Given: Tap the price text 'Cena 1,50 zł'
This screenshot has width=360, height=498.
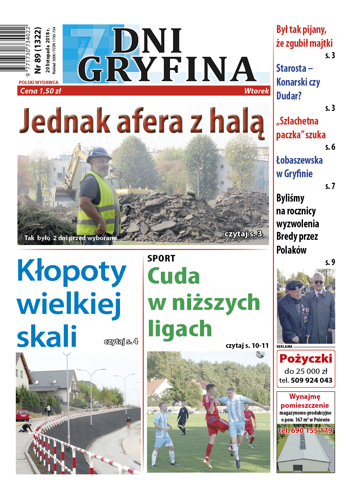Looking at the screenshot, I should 41,91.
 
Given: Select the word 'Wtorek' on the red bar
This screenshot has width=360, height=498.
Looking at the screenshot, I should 256,91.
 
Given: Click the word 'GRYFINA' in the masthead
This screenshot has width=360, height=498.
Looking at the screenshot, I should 166,69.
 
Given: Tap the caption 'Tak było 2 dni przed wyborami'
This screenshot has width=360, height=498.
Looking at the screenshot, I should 71,238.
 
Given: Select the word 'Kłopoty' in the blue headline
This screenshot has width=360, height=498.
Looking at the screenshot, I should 72,272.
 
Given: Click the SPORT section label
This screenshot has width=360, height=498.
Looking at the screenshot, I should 161,259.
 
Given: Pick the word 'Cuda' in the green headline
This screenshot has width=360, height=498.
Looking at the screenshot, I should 174,276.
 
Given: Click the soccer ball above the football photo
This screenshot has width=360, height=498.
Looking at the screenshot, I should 260,354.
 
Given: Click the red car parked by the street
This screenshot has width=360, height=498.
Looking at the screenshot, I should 22,415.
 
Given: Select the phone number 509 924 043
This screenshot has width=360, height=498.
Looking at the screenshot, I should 312,380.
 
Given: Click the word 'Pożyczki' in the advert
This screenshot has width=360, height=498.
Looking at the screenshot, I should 306,359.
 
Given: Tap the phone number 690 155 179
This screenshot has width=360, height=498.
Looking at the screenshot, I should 305,430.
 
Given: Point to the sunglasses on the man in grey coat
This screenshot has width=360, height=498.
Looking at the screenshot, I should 318,282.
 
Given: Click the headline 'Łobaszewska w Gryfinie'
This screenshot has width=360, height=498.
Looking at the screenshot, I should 299,167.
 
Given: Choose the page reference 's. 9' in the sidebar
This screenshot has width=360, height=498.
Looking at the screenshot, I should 330,262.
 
